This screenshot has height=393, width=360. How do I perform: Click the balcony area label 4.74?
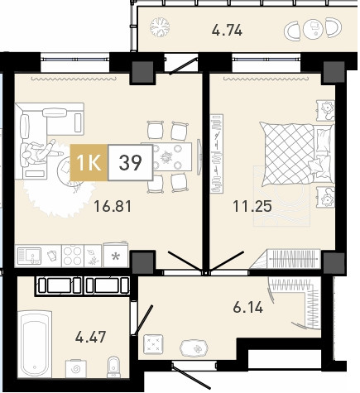(x=227, y=30)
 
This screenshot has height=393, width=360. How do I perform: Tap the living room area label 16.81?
(x=113, y=206)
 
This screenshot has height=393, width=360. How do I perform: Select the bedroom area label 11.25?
(x=252, y=206)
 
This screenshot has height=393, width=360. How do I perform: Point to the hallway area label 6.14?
(x=247, y=307)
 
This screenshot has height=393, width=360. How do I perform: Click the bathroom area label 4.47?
(x=90, y=337)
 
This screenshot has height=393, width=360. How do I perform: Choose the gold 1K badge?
(x=89, y=163)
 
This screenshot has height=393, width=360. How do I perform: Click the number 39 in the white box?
(x=131, y=163)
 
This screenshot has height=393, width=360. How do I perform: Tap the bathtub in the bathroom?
(x=35, y=343)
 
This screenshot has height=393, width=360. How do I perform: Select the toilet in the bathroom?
(x=113, y=367)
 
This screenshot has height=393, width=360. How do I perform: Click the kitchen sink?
(x=29, y=256)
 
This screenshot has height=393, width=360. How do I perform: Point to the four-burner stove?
(x=73, y=256)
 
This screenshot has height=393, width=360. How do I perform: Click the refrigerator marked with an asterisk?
(x=116, y=256)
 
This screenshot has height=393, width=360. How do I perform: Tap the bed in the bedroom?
(x=296, y=154)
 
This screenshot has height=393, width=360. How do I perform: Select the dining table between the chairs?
(x=166, y=157)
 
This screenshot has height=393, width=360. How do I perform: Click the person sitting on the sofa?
(x=39, y=152)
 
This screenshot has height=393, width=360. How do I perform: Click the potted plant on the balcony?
(x=160, y=27)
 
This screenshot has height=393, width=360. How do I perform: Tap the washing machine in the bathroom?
(x=75, y=368)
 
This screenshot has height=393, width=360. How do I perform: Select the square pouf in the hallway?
(x=153, y=344)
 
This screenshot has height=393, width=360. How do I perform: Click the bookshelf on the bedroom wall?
(x=217, y=154)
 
